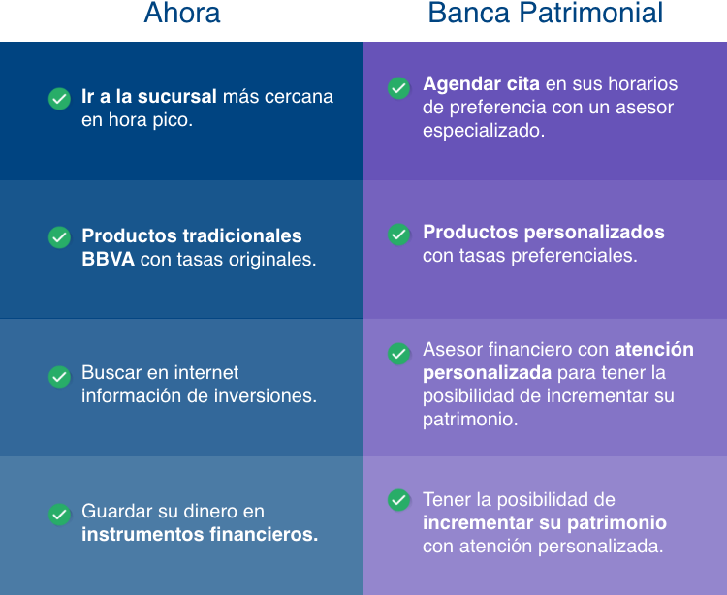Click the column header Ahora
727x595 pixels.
pos(182,13)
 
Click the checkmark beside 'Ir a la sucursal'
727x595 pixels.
pos(59,99)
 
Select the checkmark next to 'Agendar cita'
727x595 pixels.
pos(398,88)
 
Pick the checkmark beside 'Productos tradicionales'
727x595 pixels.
pos(59,237)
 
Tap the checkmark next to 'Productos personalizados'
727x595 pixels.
pos(398,235)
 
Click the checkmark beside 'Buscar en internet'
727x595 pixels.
pos(59,377)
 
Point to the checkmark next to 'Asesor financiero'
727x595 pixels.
pos(398,354)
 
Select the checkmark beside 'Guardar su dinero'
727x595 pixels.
pos(59,515)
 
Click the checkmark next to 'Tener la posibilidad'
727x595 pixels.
pos(398,500)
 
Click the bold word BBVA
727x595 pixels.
pos(108,259)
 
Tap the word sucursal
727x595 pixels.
pos(177,96)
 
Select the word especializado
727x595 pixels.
pos(484,131)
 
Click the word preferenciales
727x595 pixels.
pos(574,256)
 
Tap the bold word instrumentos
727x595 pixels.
pos(142,535)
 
